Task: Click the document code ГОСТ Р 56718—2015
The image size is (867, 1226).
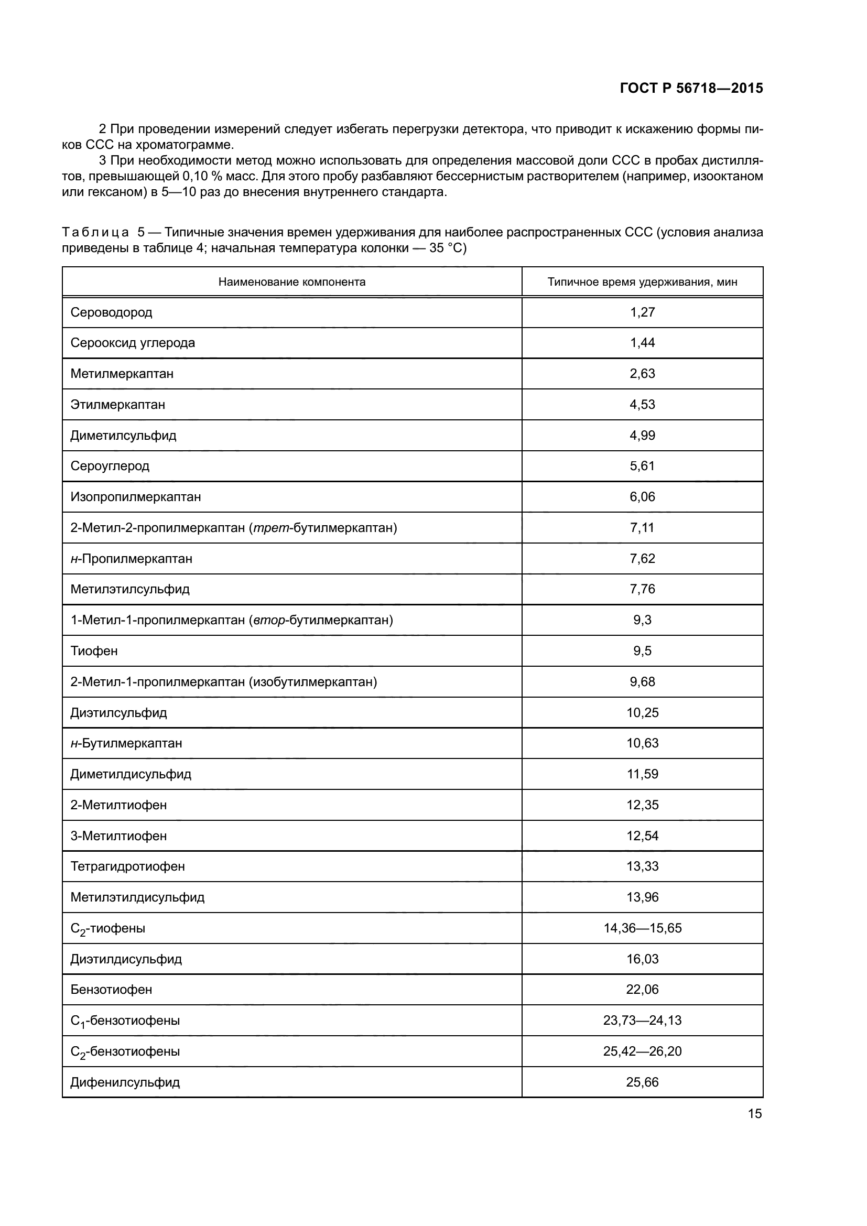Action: pyautogui.click(x=691, y=88)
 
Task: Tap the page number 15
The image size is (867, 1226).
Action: pyautogui.click(x=754, y=1113)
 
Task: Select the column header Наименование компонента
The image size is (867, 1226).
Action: pyautogui.click(x=291, y=282)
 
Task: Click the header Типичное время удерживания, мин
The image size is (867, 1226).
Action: pyautogui.click(x=642, y=282)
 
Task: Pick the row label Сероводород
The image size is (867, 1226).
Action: pyautogui.click(x=111, y=312)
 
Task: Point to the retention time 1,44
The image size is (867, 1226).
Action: pyautogui.click(x=642, y=343)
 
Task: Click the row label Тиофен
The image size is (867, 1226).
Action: pyautogui.click(x=94, y=651)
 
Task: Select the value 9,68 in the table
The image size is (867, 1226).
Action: pyautogui.click(x=642, y=682)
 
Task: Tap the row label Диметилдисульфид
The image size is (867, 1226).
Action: pyautogui.click(x=131, y=774)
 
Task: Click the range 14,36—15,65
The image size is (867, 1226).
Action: pyautogui.click(x=642, y=928)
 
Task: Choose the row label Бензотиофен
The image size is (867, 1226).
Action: pyautogui.click(x=111, y=990)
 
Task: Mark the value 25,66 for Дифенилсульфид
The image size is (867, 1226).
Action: pyautogui.click(x=642, y=1082)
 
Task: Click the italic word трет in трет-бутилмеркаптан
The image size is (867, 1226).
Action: pyautogui.click(x=270, y=528)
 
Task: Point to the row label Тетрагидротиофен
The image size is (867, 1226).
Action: pyautogui.click(x=127, y=866)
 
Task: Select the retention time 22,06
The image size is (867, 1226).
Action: pyautogui.click(x=642, y=990)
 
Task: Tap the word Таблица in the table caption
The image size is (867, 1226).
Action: pyautogui.click(x=95, y=232)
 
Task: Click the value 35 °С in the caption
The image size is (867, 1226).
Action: pyautogui.click(x=447, y=248)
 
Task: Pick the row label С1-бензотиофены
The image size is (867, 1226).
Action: pyautogui.click(x=125, y=1021)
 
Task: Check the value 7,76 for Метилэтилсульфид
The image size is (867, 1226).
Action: pyautogui.click(x=642, y=589)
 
